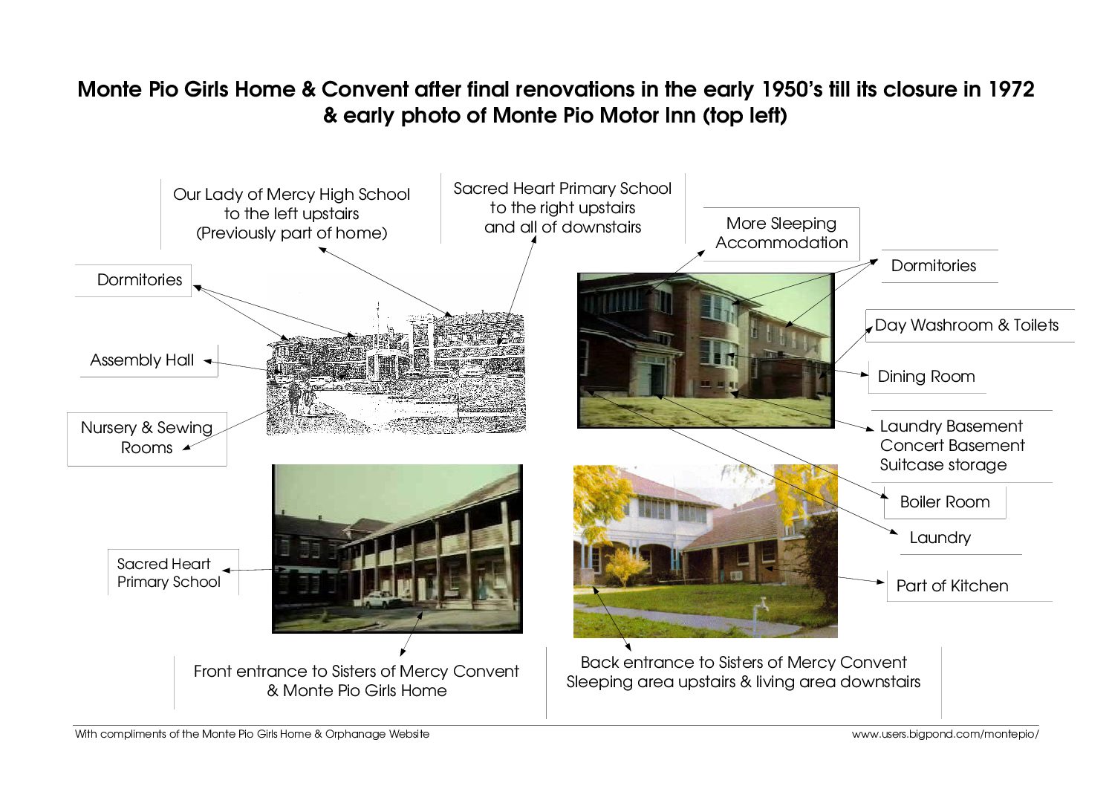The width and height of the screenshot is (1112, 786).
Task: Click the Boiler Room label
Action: click(945, 502)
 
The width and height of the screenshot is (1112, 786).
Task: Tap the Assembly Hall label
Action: click(142, 360)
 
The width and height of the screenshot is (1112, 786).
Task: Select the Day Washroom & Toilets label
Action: click(966, 325)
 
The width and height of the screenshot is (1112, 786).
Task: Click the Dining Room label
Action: click(926, 377)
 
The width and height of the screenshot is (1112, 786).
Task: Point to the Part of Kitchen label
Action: click(952, 586)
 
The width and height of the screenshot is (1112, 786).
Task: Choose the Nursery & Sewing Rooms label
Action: click(146, 438)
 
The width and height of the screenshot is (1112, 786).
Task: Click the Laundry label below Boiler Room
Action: click(940, 538)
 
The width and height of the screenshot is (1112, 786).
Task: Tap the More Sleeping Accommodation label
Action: click(781, 233)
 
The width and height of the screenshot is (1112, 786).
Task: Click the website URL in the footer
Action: click(945, 734)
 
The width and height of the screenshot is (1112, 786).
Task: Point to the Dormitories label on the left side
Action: click(140, 280)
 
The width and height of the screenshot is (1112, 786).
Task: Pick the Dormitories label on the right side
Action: click(933, 266)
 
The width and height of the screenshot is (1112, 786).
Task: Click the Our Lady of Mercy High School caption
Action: click(291, 213)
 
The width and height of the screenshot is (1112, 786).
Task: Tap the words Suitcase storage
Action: click(943, 465)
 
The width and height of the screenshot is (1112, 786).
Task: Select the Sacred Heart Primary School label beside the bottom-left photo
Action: click(169, 573)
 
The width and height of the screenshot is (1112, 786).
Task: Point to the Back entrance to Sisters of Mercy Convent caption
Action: click(743, 663)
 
